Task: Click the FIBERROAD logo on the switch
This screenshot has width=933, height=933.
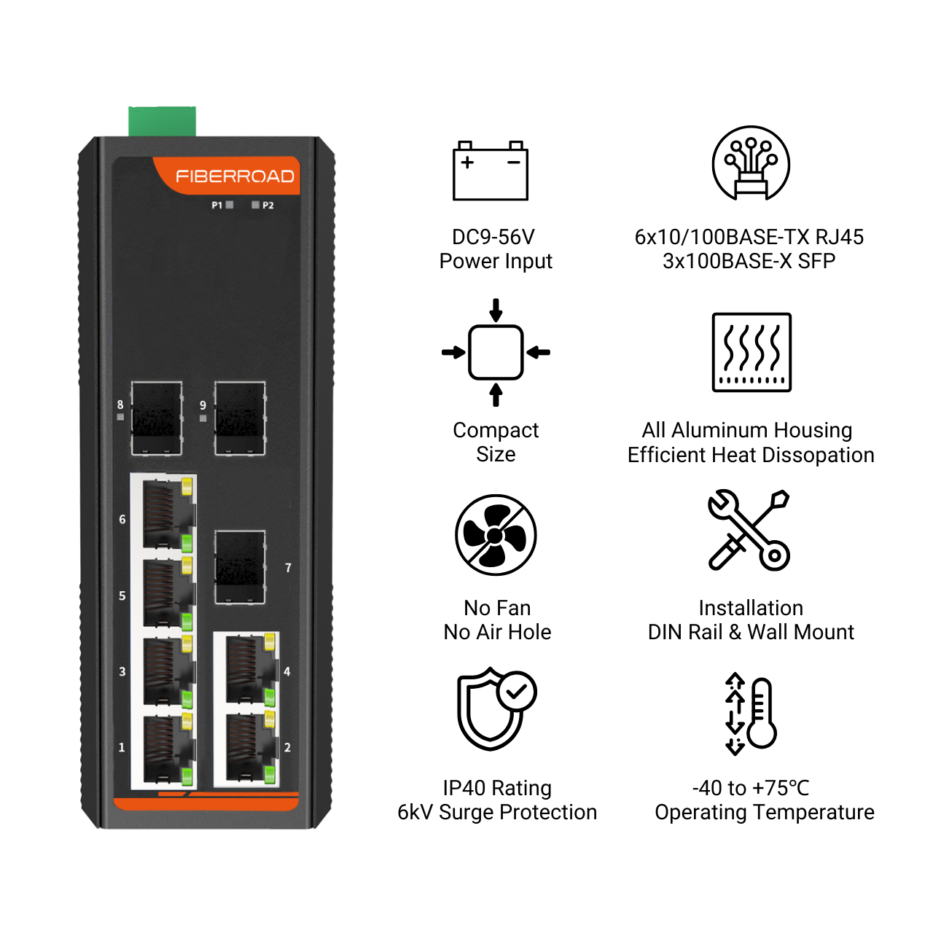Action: (235, 176)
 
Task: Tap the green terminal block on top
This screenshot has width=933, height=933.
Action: (163, 122)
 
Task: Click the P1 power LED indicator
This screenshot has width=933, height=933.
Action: (230, 205)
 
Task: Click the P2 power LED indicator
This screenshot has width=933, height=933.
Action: (256, 205)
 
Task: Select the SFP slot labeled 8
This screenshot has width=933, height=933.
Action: (157, 418)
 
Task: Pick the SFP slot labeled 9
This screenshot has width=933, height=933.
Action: (240, 418)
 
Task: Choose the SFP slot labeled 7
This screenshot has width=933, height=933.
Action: (240, 567)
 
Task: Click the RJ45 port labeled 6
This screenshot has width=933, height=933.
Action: (168, 515)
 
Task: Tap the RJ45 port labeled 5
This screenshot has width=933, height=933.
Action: (168, 593)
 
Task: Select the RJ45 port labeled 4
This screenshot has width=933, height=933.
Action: (251, 671)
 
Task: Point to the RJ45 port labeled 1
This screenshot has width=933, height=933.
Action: (168, 748)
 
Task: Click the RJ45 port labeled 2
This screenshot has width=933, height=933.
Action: (251, 748)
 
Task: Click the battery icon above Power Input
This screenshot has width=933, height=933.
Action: (490, 171)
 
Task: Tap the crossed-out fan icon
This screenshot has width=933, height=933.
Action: (496, 535)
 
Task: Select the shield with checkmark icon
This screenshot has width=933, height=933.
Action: (497, 708)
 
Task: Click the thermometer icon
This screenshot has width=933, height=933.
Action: (761, 713)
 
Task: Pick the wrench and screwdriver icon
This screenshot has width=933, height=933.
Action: (749, 530)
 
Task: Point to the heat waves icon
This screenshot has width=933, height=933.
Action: (752, 352)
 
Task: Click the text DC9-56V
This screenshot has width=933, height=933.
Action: (493, 237)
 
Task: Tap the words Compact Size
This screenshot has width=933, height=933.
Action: (496, 442)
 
